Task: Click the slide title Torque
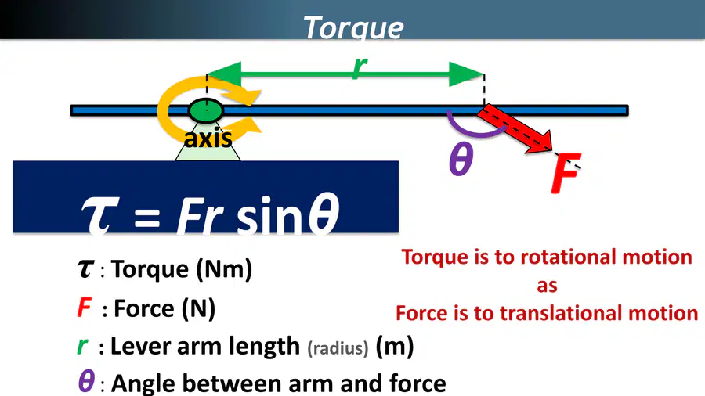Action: pos(353,27)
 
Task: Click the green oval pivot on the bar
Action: pos(205,110)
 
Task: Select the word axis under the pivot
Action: pos(208,139)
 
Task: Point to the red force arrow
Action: pos(515,130)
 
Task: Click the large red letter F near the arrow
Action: pos(566,173)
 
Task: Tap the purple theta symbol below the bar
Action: pos(461,159)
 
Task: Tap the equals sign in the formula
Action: pos(146,218)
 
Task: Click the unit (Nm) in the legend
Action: pos(223,269)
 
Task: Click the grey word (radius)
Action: pos(338,348)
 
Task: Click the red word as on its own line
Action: pos(547,286)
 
